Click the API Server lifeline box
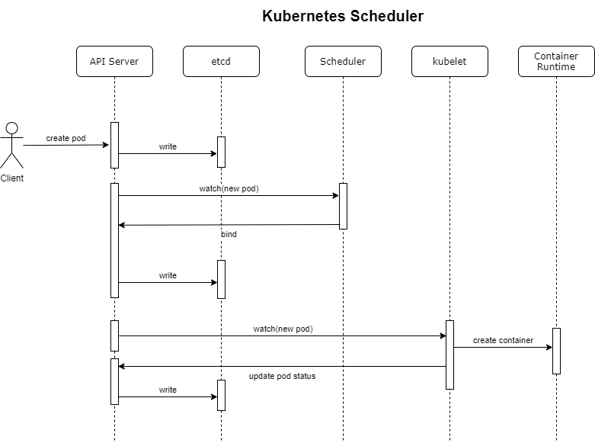pyautogui.click(x=114, y=62)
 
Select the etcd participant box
pyautogui.click(x=221, y=62)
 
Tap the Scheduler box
pyautogui.click(x=343, y=62)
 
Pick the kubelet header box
pyautogui.click(x=449, y=62)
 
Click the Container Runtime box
pyautogui.click(x=556, y=62)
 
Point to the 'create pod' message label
pyautogui.click(x=66, y=138)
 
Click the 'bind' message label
pyautogui.click(x=229, y=234)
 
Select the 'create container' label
pyautogui.click(x=503, y=340)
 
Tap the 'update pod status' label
pyautogui.click(x=282, y=376)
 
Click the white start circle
pyautogui.click(x=11, y=128)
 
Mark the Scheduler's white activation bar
pyautogui.click(x=343, y=206)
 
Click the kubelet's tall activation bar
pyautogui.click(x=449, y=355)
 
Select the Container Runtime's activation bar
pyautogui.click(x=556, y=351)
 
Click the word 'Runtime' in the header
pyautogui.click(x=556, y=67)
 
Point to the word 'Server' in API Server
pyautogui.click(x=123, y=62)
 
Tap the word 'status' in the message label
pyautogui.click(x=302, y=376)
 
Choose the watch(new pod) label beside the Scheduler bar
pyautogui.click(x=229, y=188)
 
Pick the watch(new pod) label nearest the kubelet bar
pyautogui.click(x=283, y=329)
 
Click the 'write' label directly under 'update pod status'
pyautogui.click(x=168, y=390)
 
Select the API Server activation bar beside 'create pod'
pyautogui.click(x=114, y=145)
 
